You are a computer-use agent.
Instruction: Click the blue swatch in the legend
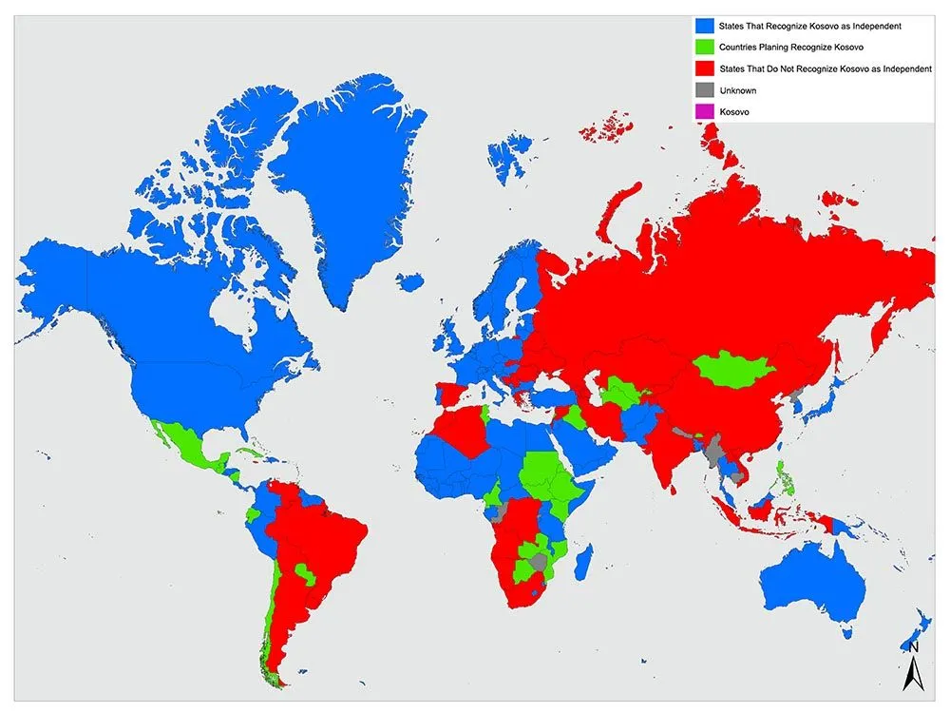pyautogui.click(x=705, y=25)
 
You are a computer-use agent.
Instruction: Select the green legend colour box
pyautogui.click(x=705, y=47)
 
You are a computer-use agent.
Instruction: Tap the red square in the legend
pyautogui.click(x=705, y=68)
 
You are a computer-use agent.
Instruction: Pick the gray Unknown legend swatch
pyautogui.click(x=705, y=90)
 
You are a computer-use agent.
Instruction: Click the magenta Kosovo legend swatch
pyautogui.click(x=705, y=112)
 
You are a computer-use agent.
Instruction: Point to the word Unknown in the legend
pyautogui.click(x=738, y=90)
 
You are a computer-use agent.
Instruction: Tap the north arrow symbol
pyautogui.click(x=913, y=665)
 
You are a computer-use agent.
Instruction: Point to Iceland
pyautogui.click(x=410, y=281)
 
